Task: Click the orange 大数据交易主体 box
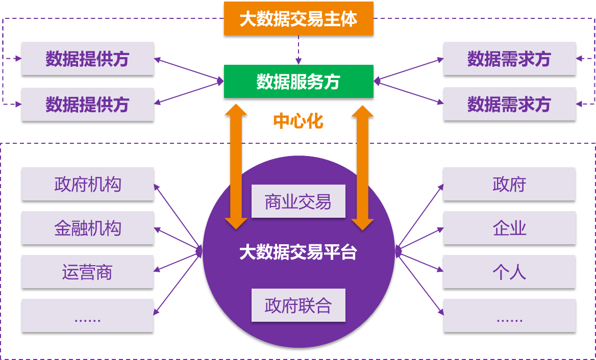pos(299,19)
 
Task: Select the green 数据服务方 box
pos(299,82)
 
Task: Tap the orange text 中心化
pos(298,121)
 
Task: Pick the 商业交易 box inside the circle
pos(298,202)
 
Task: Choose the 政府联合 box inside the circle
pos(298,305)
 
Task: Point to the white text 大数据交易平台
pos(298,252)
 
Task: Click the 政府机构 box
pos(88,184)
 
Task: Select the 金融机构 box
pos(88,228)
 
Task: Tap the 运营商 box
pos(88,272)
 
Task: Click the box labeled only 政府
pos(509,184)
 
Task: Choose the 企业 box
pos(509,228)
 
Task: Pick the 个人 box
pos(509,272)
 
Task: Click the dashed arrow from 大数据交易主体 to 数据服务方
pos(299,50)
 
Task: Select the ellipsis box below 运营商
pos(88,316)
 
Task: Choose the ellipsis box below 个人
pos(509,316)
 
